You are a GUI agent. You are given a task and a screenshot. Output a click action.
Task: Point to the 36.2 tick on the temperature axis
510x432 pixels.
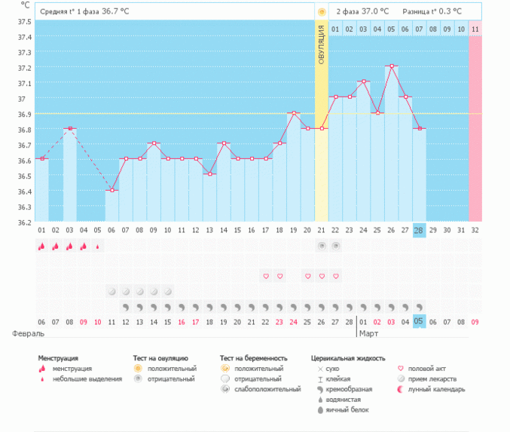click(x=25, y=222)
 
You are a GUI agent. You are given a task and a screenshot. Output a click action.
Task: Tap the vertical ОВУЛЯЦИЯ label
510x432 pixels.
click(x=322, y=44)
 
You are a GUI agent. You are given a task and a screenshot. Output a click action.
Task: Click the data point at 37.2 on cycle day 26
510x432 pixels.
click(x=392, y=66)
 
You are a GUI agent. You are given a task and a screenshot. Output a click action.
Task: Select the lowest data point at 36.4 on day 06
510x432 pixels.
click(x=111, y=190)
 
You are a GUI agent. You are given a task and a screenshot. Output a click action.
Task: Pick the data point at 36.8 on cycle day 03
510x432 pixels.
click(x=69, y=128)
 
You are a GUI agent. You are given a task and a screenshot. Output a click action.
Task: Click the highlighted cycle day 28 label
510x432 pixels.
click(x=420, y=230)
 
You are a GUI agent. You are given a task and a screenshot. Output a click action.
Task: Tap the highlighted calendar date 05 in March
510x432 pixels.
click(x=420, y=320)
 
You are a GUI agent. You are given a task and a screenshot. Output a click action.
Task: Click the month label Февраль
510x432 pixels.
click(x=27, y=332)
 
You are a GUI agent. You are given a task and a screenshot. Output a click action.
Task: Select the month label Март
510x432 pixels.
click(x=369, y=332)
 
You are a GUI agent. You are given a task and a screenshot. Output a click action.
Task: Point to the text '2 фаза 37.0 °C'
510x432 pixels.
click(x=362, y=12)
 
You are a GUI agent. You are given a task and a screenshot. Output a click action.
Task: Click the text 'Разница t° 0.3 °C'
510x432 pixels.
click(x=432, y=12)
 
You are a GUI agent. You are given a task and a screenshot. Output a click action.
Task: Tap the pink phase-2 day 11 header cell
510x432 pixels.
click(x=475, y=29)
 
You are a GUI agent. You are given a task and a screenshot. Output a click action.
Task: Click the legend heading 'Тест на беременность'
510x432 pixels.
click(x=254, y=358)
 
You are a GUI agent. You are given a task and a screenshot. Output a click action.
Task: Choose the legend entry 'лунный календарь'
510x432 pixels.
click(x=437, y=389)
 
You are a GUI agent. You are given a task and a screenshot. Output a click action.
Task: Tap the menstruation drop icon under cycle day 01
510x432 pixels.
click(x=41, y=246)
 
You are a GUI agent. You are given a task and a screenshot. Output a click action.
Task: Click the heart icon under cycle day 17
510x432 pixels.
click(x=266, y=276)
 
